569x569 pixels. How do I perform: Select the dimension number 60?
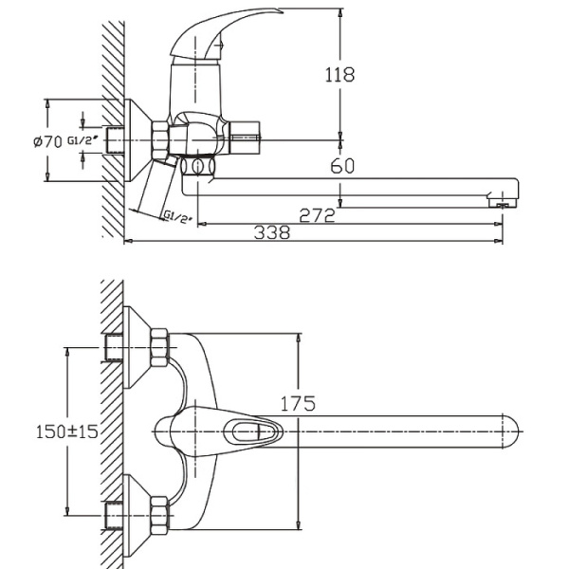point(342,167)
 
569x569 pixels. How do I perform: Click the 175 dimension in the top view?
point(297,404)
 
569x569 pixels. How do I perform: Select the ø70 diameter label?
point(47,141)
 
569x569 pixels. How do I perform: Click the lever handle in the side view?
point(204,34)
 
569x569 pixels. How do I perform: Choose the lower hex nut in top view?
point(158,513)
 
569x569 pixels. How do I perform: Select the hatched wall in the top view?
point(112,427)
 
